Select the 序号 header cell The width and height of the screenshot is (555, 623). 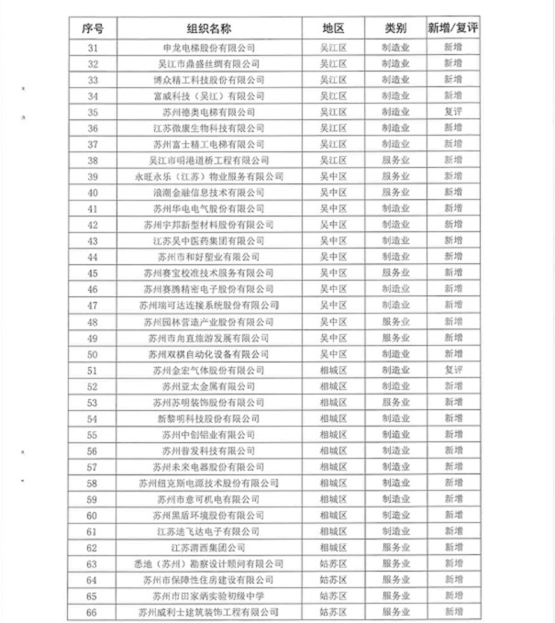coord(93,28)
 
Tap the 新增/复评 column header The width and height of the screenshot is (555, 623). coord(452,28)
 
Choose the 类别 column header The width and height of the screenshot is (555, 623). coord(395,28)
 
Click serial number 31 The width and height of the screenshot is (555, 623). coord(93,47)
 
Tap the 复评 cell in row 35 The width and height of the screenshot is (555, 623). coord(452,112)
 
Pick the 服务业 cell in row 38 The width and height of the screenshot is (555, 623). coord(395,160)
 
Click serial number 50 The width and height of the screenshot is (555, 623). coord(93,353)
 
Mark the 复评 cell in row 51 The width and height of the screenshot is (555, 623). coord(452,370)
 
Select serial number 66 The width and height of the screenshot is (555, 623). coord(93,611)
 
